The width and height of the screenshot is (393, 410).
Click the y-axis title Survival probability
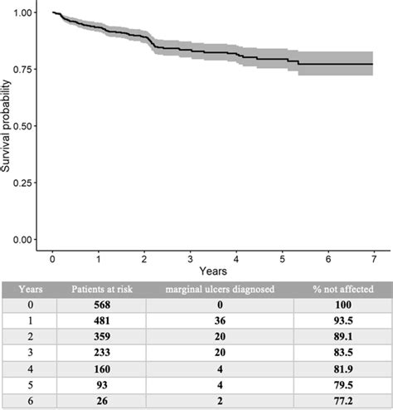coord(7,126)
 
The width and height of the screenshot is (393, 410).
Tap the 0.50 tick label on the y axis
coord(24,125)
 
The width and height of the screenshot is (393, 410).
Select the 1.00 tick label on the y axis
coord(24,13)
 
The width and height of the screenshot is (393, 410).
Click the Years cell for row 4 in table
coord(32,370)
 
